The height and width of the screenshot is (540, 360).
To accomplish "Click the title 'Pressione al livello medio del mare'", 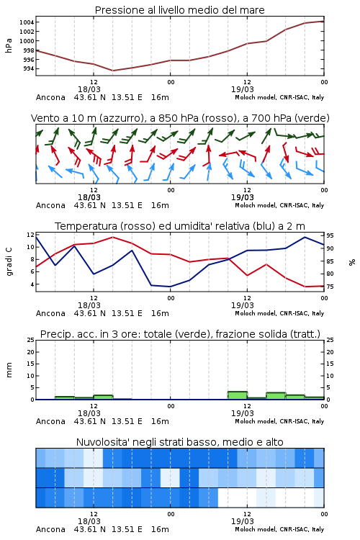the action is pos(179,10).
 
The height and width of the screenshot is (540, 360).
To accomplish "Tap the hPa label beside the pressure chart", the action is pos(9,46).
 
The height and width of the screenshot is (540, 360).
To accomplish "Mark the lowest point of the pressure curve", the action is pos(112,71).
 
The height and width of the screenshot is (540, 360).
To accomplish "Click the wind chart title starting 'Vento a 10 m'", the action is pos(180,118).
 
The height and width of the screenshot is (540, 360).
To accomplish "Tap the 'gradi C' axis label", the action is pos(9,262).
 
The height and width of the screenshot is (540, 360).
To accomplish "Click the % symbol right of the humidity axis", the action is pos(352,262).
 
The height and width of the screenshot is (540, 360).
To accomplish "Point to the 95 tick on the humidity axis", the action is pos(330,235).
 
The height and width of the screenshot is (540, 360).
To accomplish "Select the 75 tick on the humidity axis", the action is pos(330,287).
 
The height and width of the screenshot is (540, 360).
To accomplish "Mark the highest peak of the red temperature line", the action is pos(112,237).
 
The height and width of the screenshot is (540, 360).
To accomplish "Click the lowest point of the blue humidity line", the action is pos(170,287).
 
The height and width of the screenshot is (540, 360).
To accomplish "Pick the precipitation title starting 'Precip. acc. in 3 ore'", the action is pos(180,334).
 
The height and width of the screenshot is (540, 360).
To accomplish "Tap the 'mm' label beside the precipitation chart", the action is pos(9,370).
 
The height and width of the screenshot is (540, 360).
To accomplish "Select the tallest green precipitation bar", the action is pos(238,395).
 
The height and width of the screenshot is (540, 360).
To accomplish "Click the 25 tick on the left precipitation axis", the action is pos(31,340).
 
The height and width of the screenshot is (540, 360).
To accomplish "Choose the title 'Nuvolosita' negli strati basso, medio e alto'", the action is pos(179,442).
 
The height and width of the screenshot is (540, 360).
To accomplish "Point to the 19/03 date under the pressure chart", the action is pos(242,89).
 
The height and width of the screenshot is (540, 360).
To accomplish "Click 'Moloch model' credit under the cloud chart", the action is pos(255,529).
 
